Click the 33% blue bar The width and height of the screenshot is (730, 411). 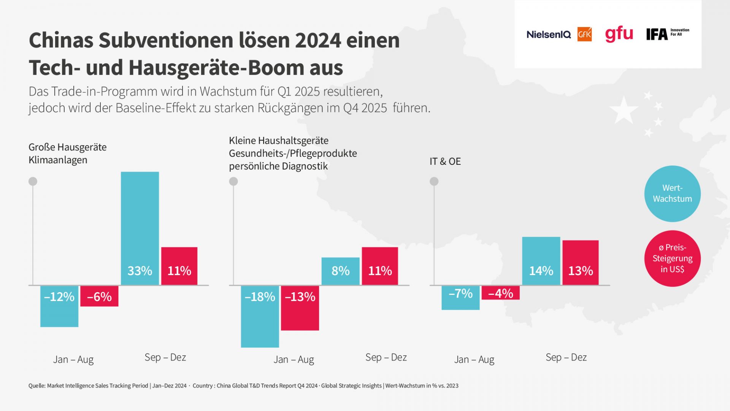tap(140, 228)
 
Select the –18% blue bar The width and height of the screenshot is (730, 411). tap(260, 316)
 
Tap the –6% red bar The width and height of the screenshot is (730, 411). tap(99, 296)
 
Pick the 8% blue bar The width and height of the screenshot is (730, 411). tap(340, 271)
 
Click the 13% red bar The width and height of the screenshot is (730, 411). tap(580, 263)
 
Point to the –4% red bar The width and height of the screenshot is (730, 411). tap(500, 293)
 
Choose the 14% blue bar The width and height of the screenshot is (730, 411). tap(541, 261)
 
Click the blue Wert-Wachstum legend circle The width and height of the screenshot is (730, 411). tap(672, 194)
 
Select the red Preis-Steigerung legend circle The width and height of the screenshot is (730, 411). tap(672, 258)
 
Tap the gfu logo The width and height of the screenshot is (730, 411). tap(619, 34)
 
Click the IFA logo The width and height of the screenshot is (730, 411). tap(657, 34)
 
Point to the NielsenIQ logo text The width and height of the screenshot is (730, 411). tap(549, 35)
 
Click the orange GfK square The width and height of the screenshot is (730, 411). tap(584, 35)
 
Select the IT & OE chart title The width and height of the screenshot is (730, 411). tap(445, 161)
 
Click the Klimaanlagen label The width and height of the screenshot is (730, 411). tap(58, 160)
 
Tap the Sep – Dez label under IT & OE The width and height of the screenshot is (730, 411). tap(566, 357)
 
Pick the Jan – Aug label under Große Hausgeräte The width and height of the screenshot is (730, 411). tap(73, 360)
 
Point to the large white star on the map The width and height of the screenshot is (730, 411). tap(624, 110)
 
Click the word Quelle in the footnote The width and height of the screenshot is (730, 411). tap(36, 386)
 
